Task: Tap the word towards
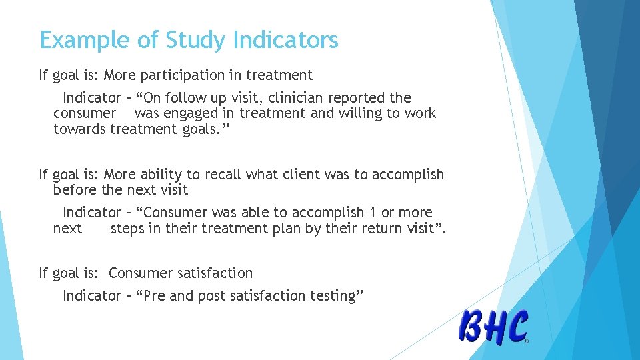pos(79,129)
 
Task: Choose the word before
pos(75,190)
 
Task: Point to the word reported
pos(359,97)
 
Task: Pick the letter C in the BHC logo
pos(516,327)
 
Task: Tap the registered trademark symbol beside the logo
pos(527,341)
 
